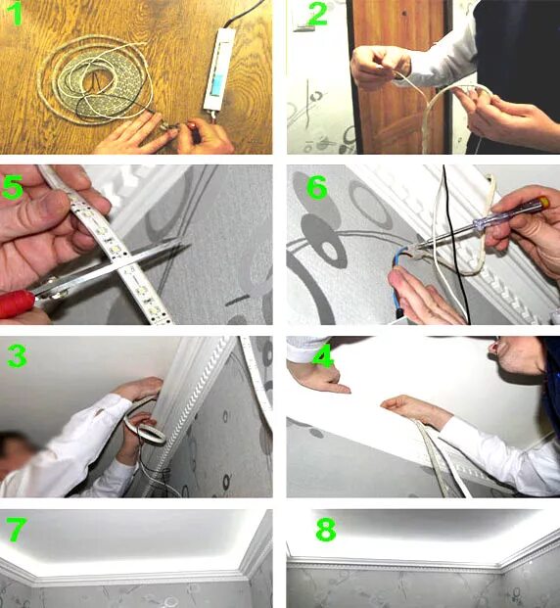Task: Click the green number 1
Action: click(x=16, y=14)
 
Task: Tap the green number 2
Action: click(x=317, y=14)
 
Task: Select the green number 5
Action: click(x=13, y=187)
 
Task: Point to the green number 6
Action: click(x=317, y=187)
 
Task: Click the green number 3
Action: click(x=17, y=356)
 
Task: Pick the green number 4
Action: click(x=323, y=355)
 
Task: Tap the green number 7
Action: click(x=17, y=530)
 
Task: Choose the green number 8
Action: click(x=326, y=530)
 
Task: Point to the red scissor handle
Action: click(x=17, y=304)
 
